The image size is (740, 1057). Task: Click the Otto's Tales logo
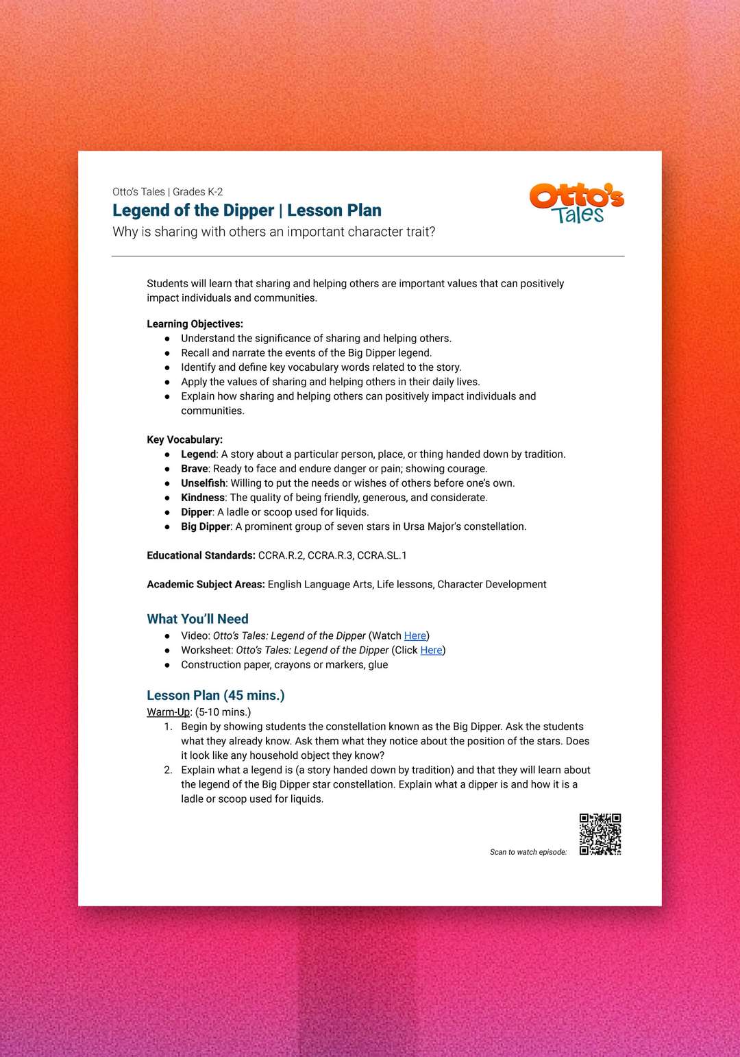[576, 204]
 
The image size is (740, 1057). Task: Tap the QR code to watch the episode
[600, 834]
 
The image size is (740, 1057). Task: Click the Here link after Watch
[415, 636]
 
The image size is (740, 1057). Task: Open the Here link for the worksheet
[431, 651]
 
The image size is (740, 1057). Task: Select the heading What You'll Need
[197, 619]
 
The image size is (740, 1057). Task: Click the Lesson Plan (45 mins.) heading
[216, 695]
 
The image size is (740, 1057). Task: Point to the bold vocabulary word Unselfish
[203, 483]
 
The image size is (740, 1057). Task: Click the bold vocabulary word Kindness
[203, 498]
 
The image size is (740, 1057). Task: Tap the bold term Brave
[195, 469]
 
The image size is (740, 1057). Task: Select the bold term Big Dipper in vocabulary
[206, 526]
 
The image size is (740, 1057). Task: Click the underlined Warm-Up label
[169, 712]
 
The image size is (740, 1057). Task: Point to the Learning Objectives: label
[195, 324]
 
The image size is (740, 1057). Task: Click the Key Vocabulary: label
[184, 440]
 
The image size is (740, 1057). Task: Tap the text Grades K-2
[197, 192]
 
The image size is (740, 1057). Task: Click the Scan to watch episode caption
[528, 852]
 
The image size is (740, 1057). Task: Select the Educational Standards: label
[201, 556]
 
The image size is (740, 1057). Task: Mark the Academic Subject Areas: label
[206, 585]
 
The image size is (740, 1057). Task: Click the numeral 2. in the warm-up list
[168, 770]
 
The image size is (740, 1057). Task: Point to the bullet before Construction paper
[167, 665]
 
